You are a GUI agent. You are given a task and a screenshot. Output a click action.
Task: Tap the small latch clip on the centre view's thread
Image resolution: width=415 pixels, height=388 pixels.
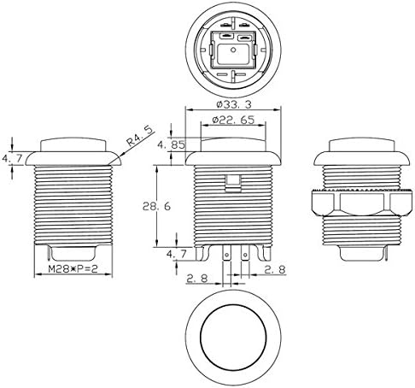(x=230, y=182)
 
